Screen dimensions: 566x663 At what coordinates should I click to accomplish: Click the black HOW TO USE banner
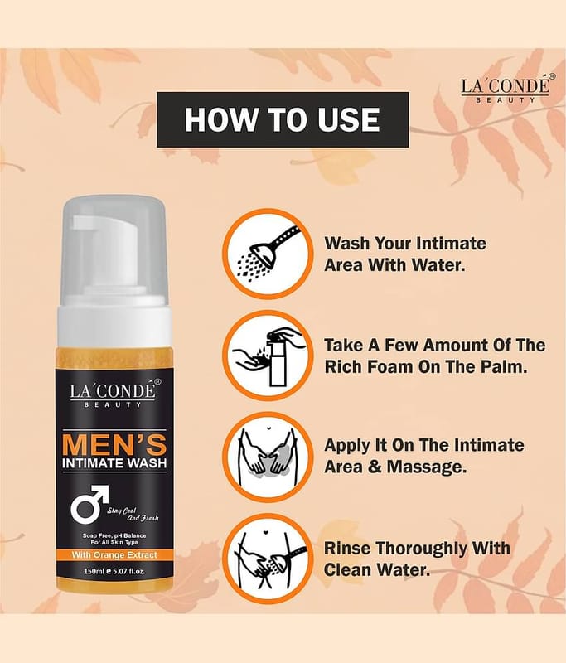click(x=283, y=119)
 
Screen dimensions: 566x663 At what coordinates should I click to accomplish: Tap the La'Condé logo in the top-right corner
click(x=506, y=88)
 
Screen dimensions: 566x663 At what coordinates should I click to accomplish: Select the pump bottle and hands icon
click(x=268, y=356)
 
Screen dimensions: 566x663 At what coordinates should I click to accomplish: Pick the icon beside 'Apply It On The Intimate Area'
click(x=268, y=457)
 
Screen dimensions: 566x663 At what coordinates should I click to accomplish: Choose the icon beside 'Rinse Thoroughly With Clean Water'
click(x=268, y=559)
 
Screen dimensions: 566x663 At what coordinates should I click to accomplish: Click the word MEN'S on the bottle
click(x=114, y=444)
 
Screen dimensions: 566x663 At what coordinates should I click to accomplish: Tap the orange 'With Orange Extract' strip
click(x=114, y=554)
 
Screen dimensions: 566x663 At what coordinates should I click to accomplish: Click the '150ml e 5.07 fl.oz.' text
click(x=114, y=571)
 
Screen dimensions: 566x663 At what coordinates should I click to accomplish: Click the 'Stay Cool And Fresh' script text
click(x=133, y=514)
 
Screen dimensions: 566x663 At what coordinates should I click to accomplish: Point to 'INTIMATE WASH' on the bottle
click(x=114, y=463)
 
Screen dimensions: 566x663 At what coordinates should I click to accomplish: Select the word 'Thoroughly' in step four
click(x=419, y=549)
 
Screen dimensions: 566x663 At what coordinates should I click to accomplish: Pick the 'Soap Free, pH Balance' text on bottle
click(x=114, y=535)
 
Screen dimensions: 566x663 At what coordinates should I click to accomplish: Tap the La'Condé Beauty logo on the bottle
click(x=113, y=392)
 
